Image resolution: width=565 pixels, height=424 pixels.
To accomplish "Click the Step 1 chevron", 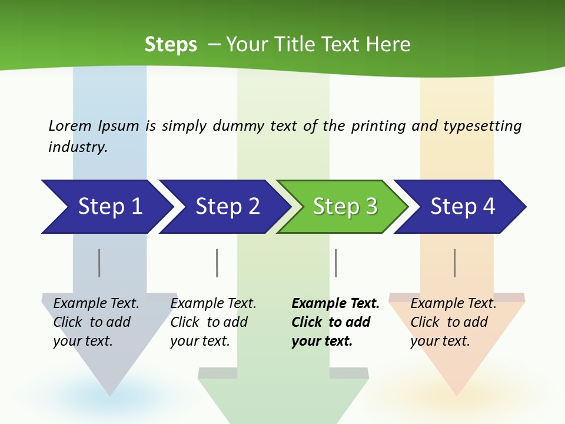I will pyautogui.click(x=106, y=207).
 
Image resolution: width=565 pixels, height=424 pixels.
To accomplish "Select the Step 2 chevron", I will pyautogui.click(x=224, y=207).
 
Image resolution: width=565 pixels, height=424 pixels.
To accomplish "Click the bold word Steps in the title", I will pyautogui.click(x=171, y=44).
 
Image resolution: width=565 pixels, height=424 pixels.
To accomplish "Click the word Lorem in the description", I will pyautogui.click(x=70, y=125).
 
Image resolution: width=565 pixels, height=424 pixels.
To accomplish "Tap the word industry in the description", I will pyautogui.click(x=78, y=147).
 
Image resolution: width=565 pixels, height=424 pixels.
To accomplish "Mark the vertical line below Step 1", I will pyautogui.click(x=99, y=263).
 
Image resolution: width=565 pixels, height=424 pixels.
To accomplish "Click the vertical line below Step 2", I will pyautogui.click(x=217, y=263).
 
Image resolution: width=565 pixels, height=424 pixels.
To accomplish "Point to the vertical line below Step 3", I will pyautogui.click(x=335, y=263).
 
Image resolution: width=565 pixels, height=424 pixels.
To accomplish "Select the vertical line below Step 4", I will pyautogui.click(x=454, y=263).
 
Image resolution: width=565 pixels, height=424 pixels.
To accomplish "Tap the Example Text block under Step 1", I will pyautogui.click(x=96, y=322).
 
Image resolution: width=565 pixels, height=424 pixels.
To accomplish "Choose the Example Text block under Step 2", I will pyautogui.click(x=213, y=322).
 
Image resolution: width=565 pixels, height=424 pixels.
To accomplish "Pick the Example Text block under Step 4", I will pyautogui.click(x=453, y=322).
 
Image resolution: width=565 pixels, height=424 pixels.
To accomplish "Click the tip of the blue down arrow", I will pyautogui.click(x=109, y=394).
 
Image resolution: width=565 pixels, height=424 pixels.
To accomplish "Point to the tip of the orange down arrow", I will pyautogui.click(x=457, y=394).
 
